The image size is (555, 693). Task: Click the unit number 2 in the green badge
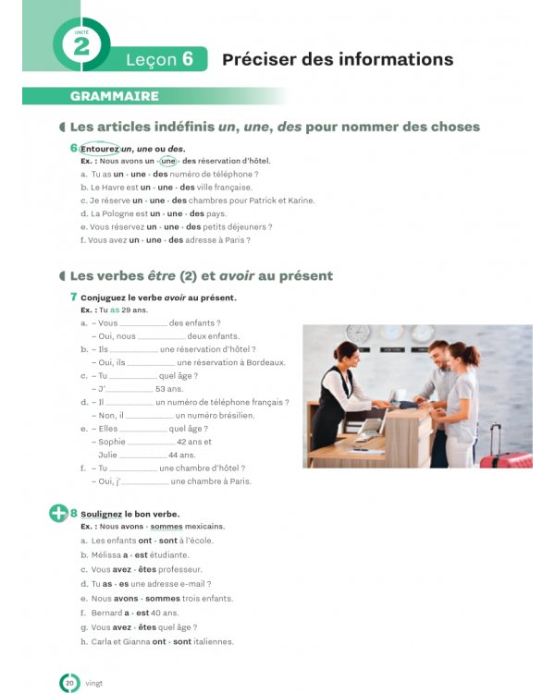(80, 45)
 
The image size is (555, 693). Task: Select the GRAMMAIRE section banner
(114, 96)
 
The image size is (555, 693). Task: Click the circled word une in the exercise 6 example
(167, 161)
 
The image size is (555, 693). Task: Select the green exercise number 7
(73, 298)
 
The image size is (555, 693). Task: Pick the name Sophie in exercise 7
(111, 442)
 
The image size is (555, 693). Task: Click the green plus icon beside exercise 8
(58, 513)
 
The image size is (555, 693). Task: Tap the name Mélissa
(105, 554)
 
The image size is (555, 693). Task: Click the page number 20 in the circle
(69, 683)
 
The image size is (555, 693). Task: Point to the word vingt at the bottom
(94, 683)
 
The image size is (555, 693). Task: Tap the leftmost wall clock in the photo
(358, 334)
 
